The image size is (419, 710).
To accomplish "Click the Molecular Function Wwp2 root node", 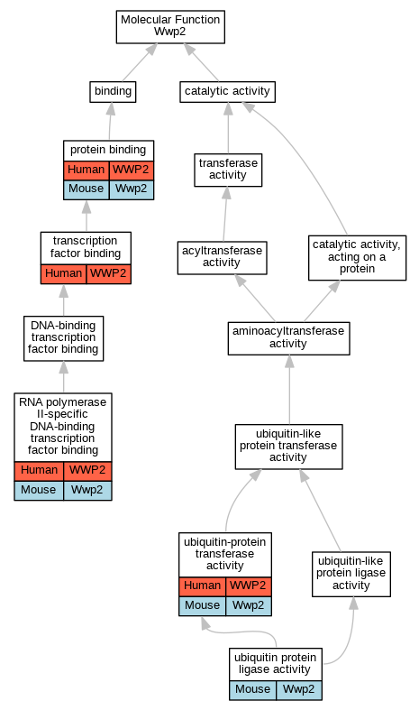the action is click(x=170, y=27).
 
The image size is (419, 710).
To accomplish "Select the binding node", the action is click(x=113, y=92).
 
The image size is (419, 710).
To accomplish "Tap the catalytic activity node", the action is click(x=227, y=92).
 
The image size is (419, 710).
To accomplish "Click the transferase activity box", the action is click(x=228, y=170).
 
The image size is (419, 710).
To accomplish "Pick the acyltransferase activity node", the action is click(x=223, y=258).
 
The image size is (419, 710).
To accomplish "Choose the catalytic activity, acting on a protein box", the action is click(x=358, y=258).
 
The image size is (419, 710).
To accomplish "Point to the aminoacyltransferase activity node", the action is click(x=288, y=338).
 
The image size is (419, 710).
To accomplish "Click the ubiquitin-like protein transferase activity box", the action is click(x=288, y=447).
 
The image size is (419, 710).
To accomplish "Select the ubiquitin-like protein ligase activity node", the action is click(x=351, y=574).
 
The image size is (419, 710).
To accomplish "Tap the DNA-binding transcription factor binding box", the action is click(x=63, y=338).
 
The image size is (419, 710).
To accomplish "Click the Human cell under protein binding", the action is click(x=87, y=171).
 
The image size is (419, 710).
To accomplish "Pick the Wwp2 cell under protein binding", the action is click(x=132, y=189).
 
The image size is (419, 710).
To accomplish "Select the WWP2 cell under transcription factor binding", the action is click(x=109, y=274).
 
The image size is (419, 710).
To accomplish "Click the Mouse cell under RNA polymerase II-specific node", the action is click(x=39, y=491).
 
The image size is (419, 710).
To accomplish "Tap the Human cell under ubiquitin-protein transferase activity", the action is click(x=202, y=586).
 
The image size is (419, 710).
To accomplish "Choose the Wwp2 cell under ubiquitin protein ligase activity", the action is click(x=299, y=690).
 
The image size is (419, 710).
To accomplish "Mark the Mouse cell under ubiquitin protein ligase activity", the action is click(x=253, y=690).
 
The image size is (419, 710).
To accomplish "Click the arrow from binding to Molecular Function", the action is click(x=140, y=62).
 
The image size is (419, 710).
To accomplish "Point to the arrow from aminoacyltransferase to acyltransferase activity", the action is click(x=255, y=298).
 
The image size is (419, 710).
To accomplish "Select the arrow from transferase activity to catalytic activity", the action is click(x=228, y=128).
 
